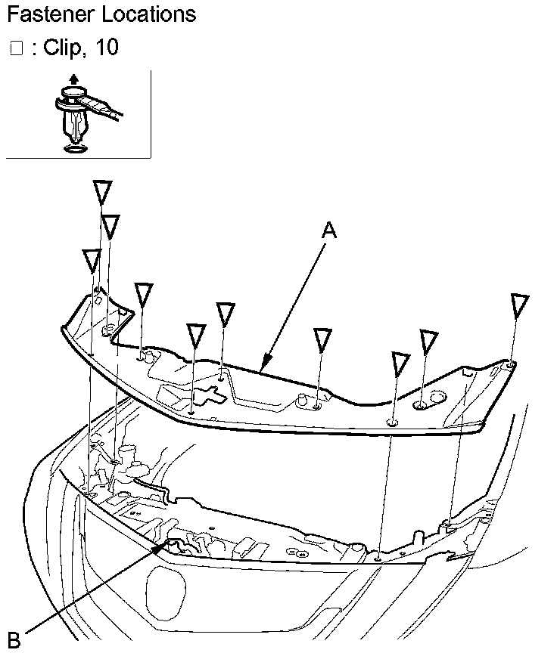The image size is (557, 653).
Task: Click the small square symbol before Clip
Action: click(x=17, y=48)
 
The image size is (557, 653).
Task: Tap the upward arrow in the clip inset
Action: click(x=73, y=78)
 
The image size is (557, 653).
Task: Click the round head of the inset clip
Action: click(x=71, y=94)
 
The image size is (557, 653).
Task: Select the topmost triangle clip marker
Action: click(x=102, y=191)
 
